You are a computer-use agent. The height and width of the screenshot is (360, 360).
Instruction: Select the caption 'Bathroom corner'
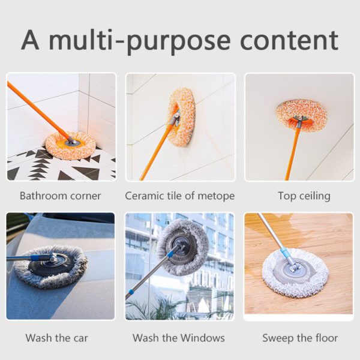(x=60, y=196)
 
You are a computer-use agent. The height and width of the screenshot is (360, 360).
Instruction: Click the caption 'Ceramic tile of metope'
(x=179, y=196)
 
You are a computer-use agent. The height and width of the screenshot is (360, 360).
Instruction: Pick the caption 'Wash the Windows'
(x=179, y=338)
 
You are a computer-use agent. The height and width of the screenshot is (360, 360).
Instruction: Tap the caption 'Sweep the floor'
(x=300, y=338)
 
